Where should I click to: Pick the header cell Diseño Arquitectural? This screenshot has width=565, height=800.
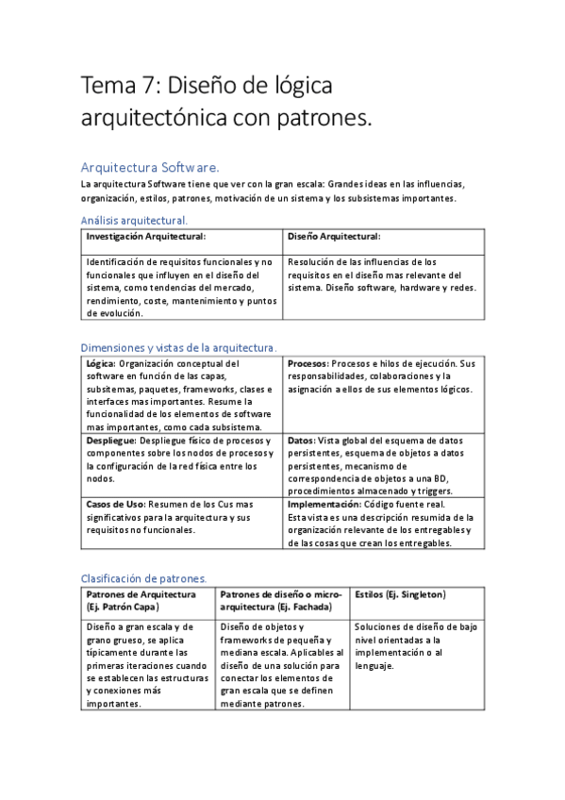tap(334, 236)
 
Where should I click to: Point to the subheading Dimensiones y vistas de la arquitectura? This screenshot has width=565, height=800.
tap(179, 347)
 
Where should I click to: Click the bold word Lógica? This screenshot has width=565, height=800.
tap(101, 363)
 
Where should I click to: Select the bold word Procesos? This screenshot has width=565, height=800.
tap(307, 363)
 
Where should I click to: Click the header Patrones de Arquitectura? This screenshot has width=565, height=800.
tap(141, 594)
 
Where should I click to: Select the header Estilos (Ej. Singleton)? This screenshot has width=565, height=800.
tap(401, 594)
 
